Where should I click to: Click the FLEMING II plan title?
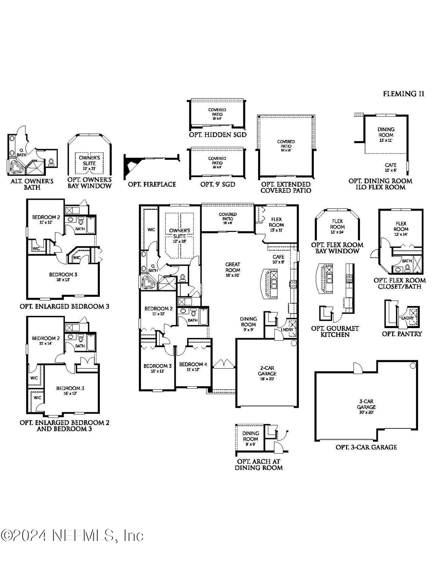403,94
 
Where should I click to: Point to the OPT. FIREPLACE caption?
152,184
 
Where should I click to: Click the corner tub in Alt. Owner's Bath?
15,167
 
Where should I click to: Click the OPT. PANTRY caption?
402,334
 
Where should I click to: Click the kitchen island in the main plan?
270,283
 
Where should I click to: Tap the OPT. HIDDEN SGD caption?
218,135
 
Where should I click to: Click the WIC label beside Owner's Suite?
151,230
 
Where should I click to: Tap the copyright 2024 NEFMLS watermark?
72,535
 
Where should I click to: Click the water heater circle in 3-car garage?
413,366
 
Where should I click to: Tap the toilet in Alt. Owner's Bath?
51,161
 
